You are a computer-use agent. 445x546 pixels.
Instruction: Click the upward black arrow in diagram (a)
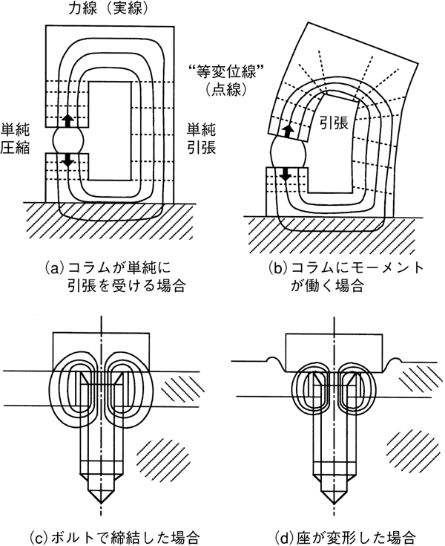coord(67,120)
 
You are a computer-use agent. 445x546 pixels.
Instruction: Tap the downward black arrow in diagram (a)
coord(67,159)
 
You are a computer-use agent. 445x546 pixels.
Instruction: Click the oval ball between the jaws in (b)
coord(286,155)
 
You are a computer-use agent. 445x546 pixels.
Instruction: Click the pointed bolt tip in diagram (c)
coord(102,495)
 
